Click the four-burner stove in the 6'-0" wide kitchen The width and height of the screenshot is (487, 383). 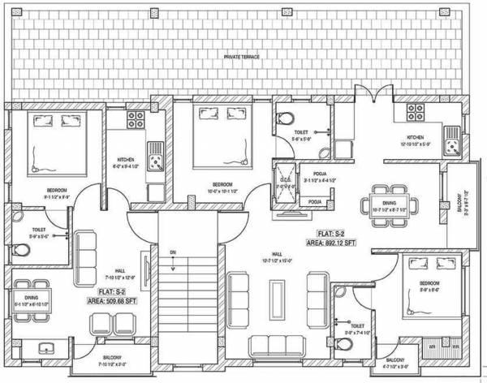coord(135,121)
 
